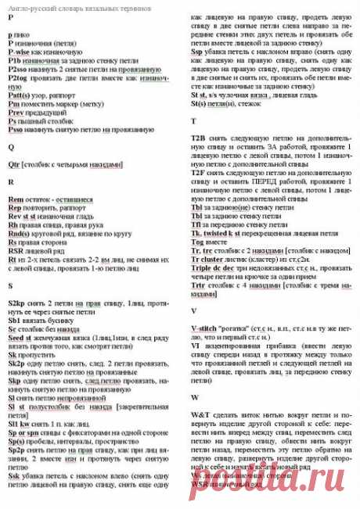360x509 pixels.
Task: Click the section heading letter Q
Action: pyautogui.click(x=11, y=146)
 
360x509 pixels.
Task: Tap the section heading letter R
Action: pyautogui.click(x=11, y=181)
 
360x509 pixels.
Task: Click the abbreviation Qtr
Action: pyautogui.click(x=13, y=165)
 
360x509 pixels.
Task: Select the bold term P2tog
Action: pyautogui.click(x=16, y=78)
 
